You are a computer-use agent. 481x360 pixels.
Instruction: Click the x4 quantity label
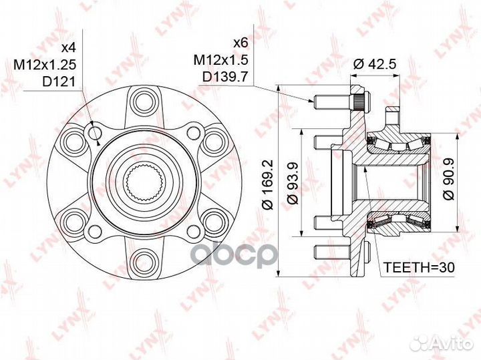[68, 47]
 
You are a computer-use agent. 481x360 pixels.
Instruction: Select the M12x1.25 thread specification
[45, 65]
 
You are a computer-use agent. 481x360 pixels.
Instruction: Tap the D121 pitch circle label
[59, 82]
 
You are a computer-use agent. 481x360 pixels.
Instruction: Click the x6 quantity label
[240, 43]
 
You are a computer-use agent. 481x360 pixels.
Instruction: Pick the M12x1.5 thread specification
[220, 60]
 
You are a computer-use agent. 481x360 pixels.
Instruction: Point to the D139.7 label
[225, 77]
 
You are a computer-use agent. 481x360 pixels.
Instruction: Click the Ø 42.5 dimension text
[375, 64]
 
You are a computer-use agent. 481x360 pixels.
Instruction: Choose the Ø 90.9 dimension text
[449, 180]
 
